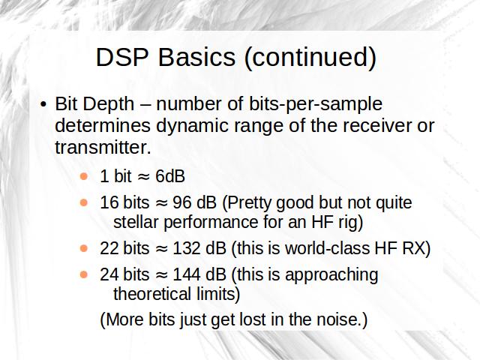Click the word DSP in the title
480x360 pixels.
(x=122, y=57)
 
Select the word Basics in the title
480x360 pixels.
(x=196, y=57)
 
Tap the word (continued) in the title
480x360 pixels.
(x=310, y=58)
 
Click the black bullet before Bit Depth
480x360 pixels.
(x=43, y=104)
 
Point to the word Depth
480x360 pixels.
(x=108, y=105)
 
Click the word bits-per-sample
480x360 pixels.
(x=316, y=105)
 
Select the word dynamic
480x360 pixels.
(x=192, y=127)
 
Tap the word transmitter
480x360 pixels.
(x=103, y=148)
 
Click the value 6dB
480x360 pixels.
(x=170, y=176)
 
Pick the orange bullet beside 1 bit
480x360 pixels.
(x=83, y=176)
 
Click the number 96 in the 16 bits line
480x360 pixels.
(x=182, y=202)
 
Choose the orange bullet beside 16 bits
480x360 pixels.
(x=83, y=202)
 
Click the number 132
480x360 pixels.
(x=187, y=248)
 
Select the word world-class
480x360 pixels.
(x=327, y=248)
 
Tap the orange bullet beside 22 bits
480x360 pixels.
(x=83, y=248)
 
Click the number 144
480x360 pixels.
(x=187, y=274)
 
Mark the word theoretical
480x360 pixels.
(x=152, y=294)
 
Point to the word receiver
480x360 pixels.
(x=379, y=127)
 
